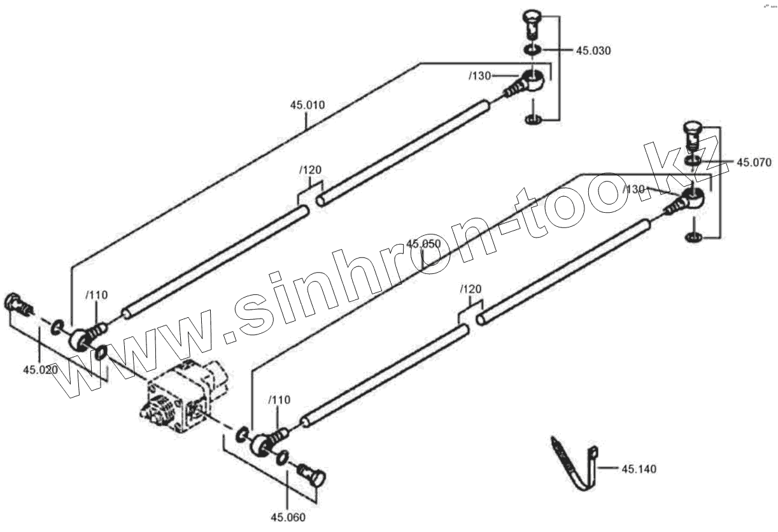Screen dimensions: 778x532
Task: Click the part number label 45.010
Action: pyautogui.click(x=308, y=105)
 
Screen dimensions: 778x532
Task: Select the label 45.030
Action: pyautogui.click(x=593, y=51)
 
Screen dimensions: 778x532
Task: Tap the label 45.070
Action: pyautogui.click(x=754, y=162)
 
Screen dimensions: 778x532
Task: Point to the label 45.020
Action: pyautogui.click(x=40, y=370)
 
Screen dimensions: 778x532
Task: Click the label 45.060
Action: pyautogui.click(x=288, y=517)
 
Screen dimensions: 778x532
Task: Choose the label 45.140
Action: pyautogui.click(x=639, y=470)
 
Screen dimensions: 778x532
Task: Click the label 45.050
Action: pyautogui.click(x=423, y=244)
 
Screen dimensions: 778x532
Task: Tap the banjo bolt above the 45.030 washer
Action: pyautogui.click(x=530, y=24)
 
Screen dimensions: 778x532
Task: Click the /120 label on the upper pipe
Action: pyautogui.click(x=310, y=170)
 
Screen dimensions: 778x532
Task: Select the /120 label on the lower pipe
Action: pyautogui.click(x=470, y=289)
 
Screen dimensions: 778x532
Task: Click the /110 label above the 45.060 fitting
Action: pyautogui.click(x=279, y=400)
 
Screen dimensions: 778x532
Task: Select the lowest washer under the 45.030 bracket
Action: pyautogui.click(x=533, y=119)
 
